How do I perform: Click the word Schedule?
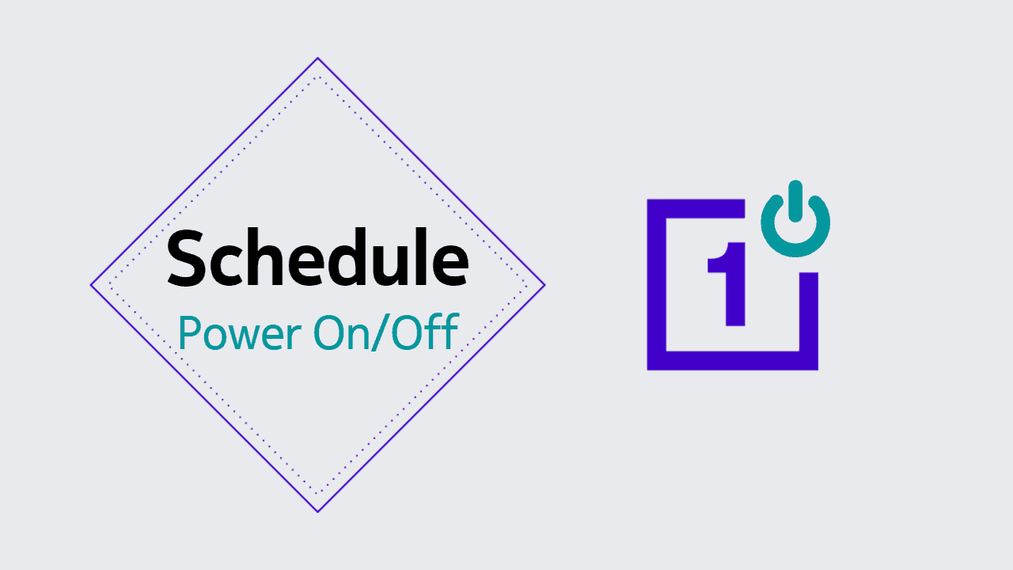318,257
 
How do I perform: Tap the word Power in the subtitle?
240,333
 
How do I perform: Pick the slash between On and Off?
381,332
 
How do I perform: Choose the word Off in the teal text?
425,332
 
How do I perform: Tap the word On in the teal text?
341,333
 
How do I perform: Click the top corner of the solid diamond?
318,58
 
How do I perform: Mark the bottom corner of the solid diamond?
318,512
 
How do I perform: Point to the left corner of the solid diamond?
91,285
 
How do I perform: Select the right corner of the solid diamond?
545,285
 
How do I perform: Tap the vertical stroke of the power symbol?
795,201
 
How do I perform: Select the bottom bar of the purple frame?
733,360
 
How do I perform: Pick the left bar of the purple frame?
657,284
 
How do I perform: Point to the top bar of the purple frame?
696,208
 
